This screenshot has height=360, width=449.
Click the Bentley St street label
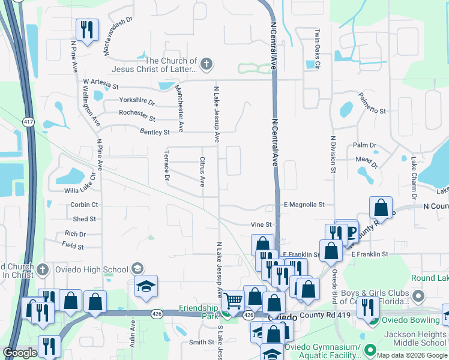(154, 131)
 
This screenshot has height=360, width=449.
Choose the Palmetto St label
(372, 103)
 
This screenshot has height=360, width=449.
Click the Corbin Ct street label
(83, 205)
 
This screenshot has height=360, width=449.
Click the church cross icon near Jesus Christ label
(206, 65)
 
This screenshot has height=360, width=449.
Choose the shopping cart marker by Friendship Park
(233, 298)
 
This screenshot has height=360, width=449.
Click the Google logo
(20, 352)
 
